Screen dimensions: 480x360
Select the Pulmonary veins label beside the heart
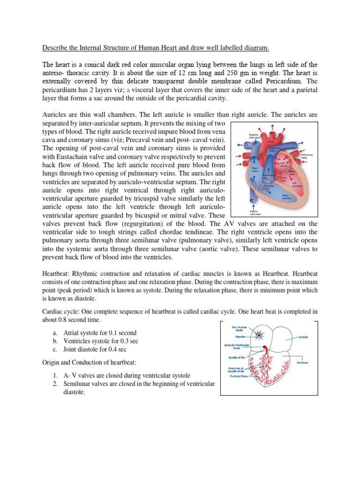(307, 156)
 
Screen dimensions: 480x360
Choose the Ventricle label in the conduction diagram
(302, 362)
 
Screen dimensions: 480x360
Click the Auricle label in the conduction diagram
(303, 337)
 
